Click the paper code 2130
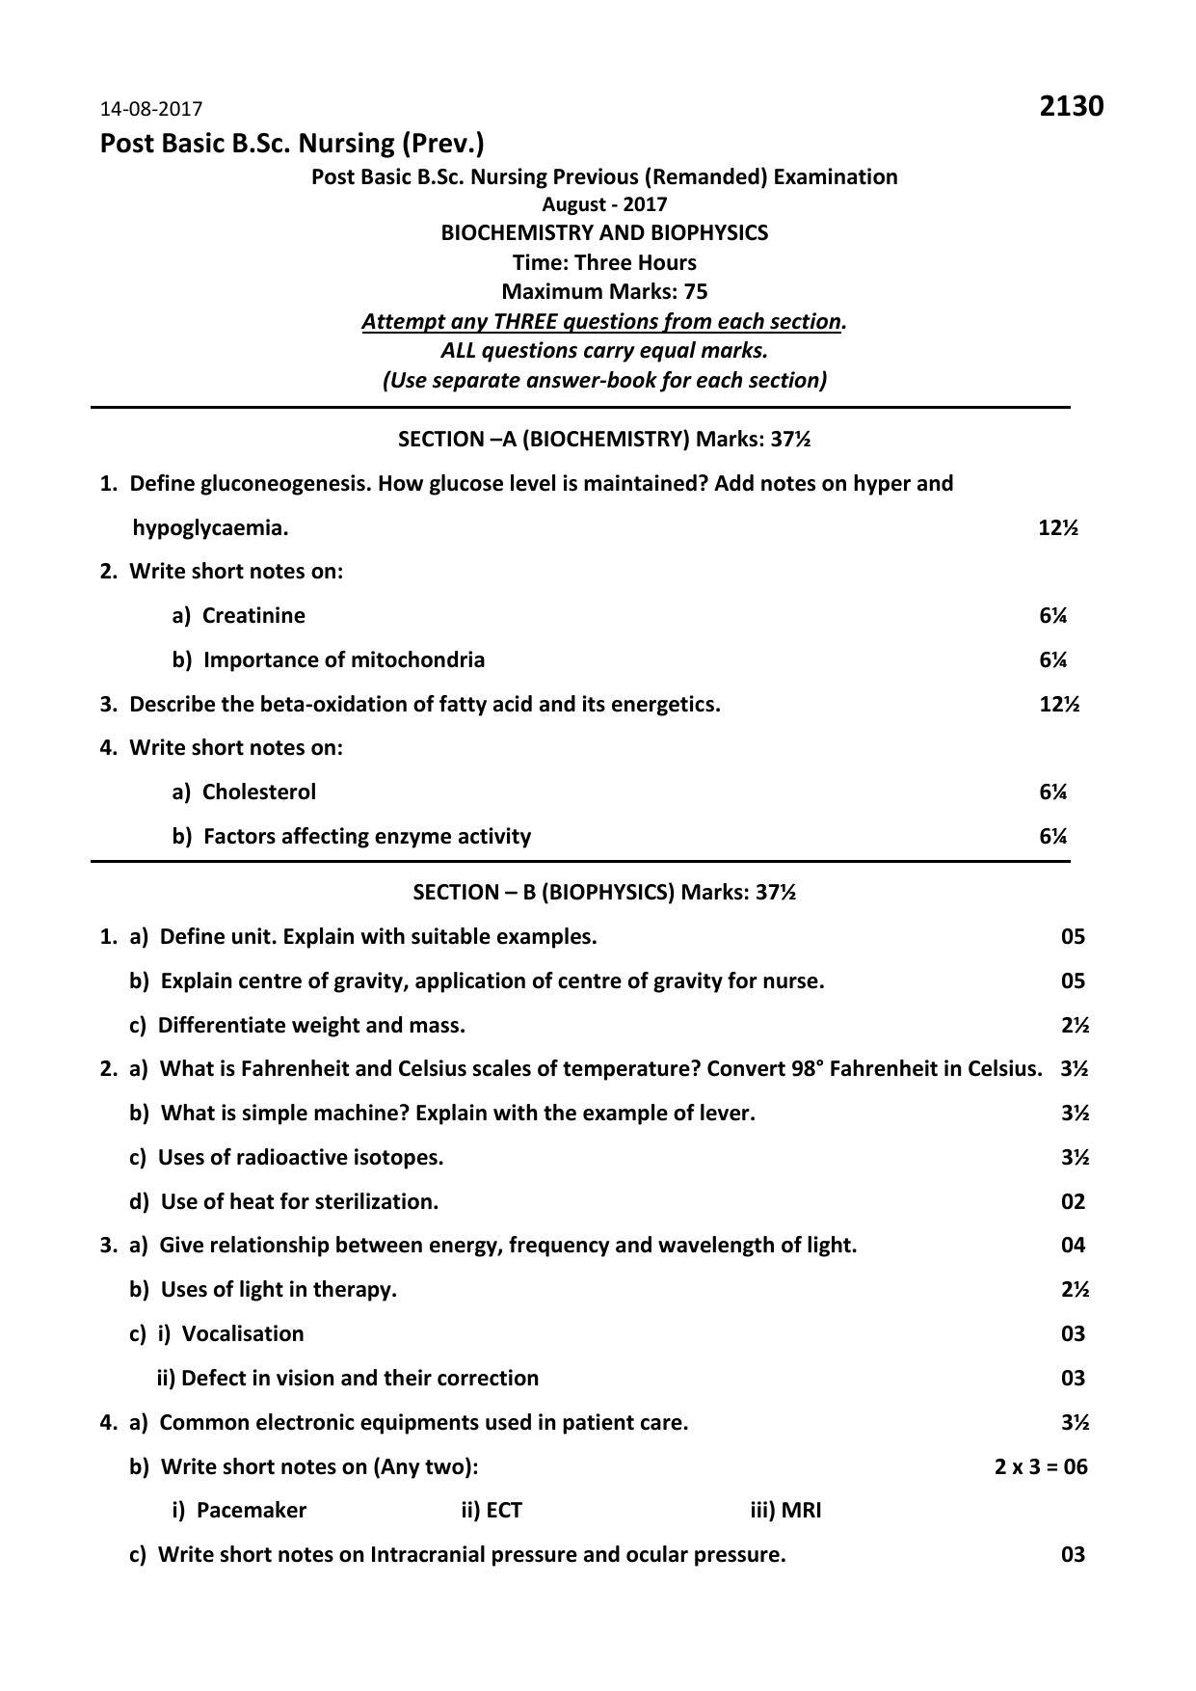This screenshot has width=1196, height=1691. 1071,106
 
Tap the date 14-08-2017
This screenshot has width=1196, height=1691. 151,109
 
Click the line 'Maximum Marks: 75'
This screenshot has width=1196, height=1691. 604,291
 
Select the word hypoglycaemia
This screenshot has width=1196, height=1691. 210,527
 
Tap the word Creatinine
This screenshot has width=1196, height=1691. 253,615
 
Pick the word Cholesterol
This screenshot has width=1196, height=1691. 258,792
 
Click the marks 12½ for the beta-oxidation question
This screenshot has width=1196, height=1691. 1058,704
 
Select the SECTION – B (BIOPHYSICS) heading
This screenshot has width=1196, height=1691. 604,892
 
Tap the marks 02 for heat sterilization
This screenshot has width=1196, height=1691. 1073,1201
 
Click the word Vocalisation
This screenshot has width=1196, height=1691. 243,1333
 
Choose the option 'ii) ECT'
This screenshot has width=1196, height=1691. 492,1510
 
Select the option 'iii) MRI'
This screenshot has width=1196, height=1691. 785,1510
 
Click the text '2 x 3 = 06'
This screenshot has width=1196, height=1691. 1041,1466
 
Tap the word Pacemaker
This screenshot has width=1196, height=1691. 251,1510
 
